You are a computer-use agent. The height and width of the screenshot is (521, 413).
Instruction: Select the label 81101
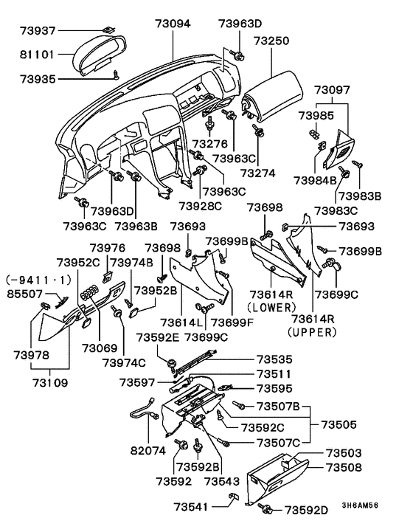pyautogui.click(x=37, y=54)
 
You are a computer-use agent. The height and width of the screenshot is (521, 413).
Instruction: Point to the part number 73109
pyautogui.click(x=50, y=383)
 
